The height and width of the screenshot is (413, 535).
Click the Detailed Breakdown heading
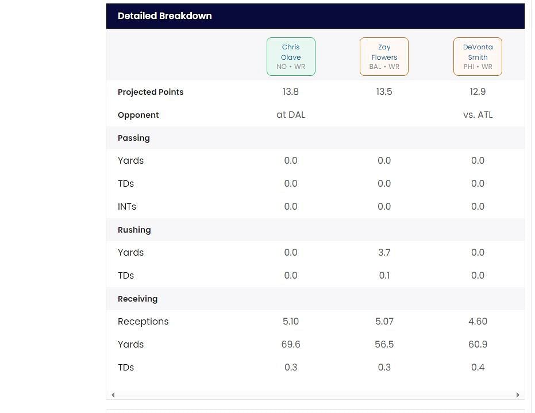[165, 16]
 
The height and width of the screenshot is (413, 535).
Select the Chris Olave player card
[291, 57]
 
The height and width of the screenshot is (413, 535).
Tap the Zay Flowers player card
[384, 57]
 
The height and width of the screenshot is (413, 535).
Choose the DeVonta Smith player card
[478, 57]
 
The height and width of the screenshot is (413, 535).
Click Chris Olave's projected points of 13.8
[291, 92]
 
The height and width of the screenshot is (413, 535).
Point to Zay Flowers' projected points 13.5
[384, 92]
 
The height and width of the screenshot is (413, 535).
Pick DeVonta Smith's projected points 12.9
[478, 92]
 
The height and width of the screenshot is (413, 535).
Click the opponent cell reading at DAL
[291, 115]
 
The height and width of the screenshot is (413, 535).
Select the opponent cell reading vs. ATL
[478, 115]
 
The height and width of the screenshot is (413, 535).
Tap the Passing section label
[134, 138]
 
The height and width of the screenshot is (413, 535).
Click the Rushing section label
[134, 230]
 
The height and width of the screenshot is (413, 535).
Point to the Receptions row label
[143, 322]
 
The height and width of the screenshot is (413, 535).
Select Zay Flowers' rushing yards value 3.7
[384, 253]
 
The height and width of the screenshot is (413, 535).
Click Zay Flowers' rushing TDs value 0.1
[384, 276]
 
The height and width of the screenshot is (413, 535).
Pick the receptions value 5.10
[291, 322]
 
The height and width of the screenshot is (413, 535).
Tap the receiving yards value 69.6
[291, 345]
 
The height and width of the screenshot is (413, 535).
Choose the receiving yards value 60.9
[478, 345]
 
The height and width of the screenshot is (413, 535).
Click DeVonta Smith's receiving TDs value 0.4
[478, 368]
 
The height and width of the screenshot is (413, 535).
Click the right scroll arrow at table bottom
[518, 395]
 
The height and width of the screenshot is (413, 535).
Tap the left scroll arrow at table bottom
[113, 395]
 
